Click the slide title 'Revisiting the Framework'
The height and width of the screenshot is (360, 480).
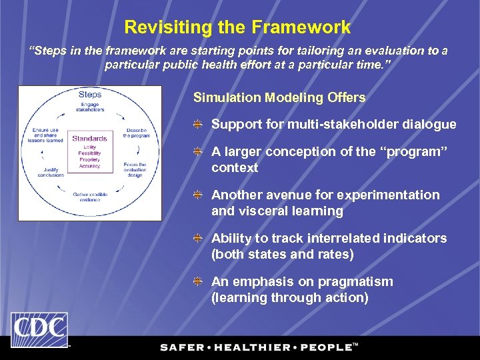[237, 27]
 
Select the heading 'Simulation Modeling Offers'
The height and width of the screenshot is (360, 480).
[279, 97]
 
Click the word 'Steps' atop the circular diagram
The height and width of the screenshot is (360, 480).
[90, 95]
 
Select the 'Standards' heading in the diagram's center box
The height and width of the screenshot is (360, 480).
[89, 139]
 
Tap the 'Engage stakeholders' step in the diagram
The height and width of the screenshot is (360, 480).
[90, 108]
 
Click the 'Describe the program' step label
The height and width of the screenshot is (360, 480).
[136, 133]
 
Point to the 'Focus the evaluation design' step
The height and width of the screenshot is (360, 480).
[136, 169]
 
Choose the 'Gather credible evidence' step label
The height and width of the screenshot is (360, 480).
[90, 197]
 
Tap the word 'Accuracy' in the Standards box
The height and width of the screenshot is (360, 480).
[89, 167]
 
